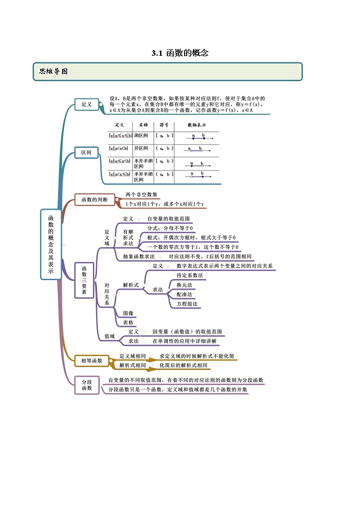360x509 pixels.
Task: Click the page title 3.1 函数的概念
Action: (180, 53)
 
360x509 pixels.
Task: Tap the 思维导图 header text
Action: (54, 72)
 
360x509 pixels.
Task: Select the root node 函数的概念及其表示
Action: (51, 244)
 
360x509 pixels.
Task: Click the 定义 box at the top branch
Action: (86, 105)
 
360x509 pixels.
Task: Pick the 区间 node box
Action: (86, 153)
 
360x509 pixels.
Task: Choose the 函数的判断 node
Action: (94, 199)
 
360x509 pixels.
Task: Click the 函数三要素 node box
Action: (84, 280)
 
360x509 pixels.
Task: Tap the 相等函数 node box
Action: (92, 360)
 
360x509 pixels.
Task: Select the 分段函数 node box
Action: (87, 385)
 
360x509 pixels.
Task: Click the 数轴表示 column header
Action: (197, 125)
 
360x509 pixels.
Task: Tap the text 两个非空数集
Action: (141, 194)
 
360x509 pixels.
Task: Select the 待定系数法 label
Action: (190, 275)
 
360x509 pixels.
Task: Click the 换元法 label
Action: (185, 285)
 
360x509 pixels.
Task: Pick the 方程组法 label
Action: (187, 304)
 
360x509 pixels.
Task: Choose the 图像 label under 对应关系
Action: (128, 313)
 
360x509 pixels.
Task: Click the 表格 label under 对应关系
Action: (128, 322)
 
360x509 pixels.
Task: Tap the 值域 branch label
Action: (110, 336)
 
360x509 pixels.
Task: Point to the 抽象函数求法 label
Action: (139, 256)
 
